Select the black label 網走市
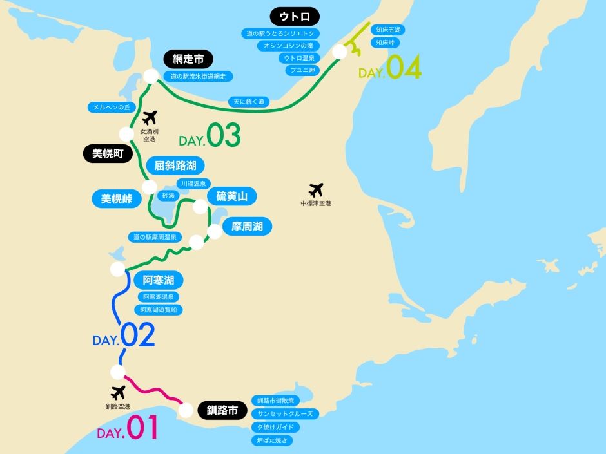click(188, 59)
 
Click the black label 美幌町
click(108, 153)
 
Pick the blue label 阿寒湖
click(159, 280)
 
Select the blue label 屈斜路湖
click(175, 166)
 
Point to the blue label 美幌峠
click(117, 199)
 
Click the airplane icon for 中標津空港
click(316, 190)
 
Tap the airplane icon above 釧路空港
click(118, 392)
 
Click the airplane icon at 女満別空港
click(150, 118)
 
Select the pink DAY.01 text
click(128, 430)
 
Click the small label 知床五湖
click(389, 30)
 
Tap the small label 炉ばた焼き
click(273, 440)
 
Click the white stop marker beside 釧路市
click(186, 410)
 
